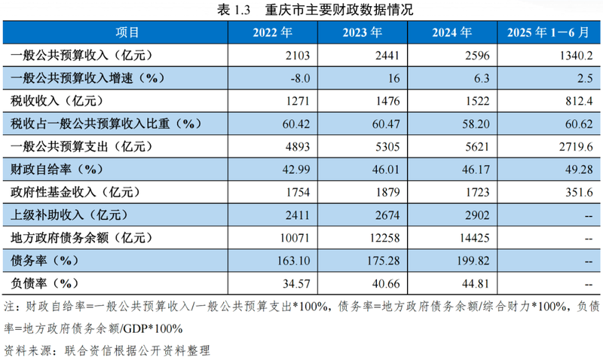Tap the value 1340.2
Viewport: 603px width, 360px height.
coord(577,55)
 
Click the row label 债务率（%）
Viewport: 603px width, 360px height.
coord(45,261)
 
